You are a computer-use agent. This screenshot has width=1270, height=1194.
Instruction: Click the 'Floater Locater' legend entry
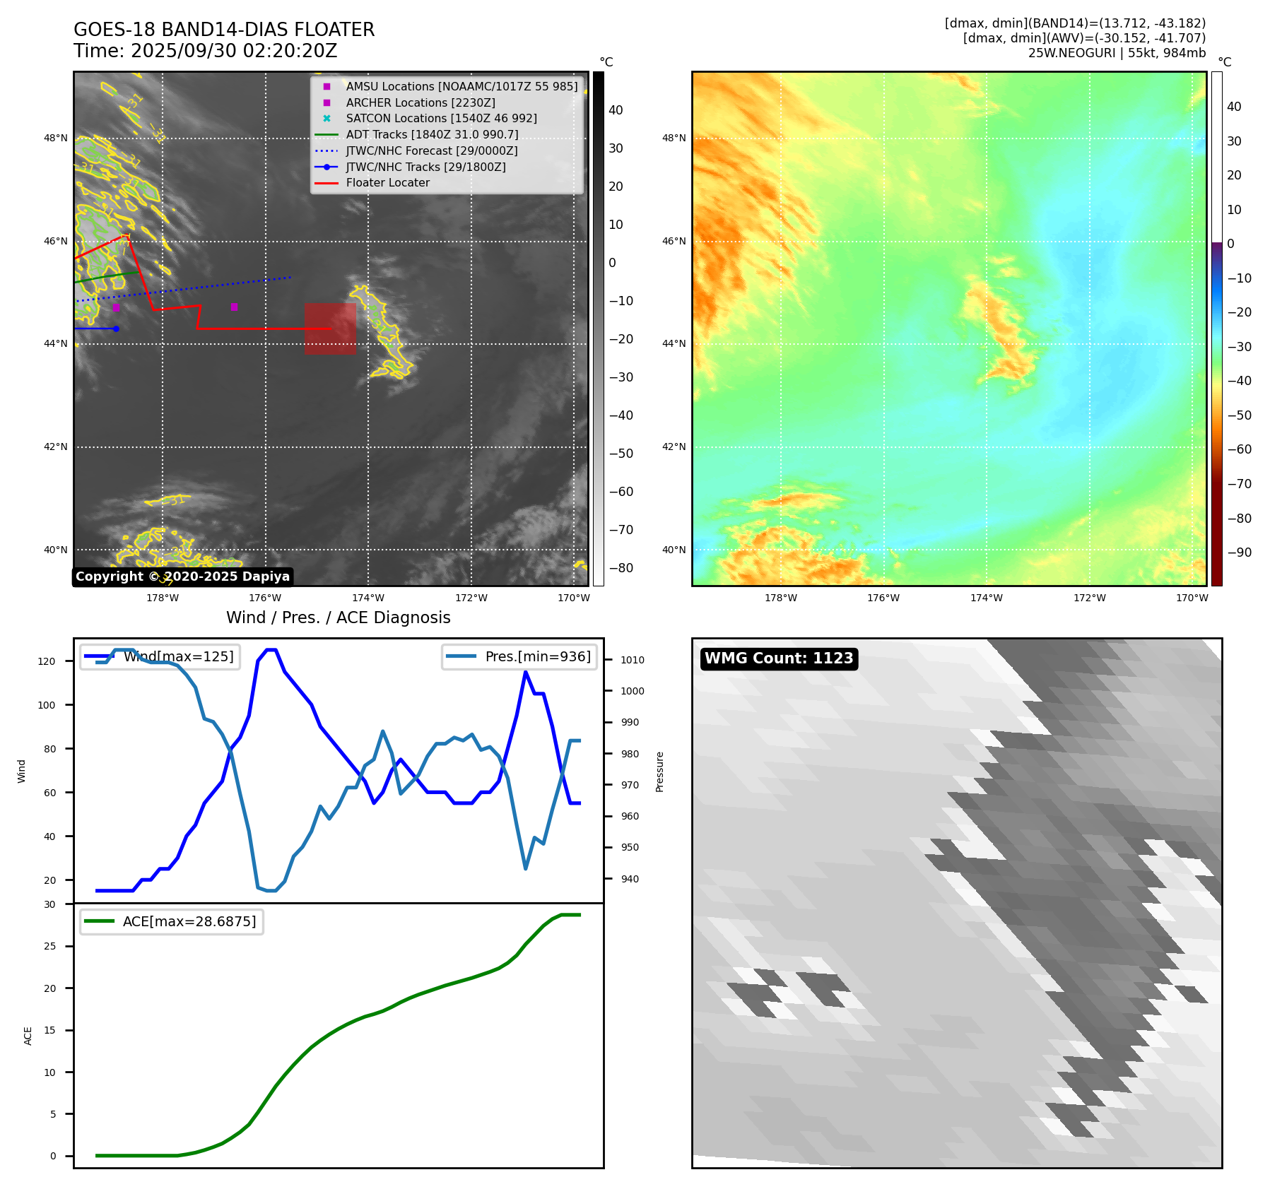(x=387, y=183)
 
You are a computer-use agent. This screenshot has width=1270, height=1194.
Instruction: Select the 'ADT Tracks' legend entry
(x=432, y=135)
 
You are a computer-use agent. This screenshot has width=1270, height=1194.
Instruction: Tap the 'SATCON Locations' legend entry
(x=441, y=119)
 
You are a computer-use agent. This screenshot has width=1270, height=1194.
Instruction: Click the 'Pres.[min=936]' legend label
(x=538, y=656)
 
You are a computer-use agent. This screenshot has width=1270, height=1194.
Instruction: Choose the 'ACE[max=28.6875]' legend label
(x=189, y=921)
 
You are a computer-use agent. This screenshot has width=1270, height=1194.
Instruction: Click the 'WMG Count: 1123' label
(x=779, y=658)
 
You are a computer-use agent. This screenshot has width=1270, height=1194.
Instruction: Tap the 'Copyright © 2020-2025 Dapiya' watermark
(x=182, y=577)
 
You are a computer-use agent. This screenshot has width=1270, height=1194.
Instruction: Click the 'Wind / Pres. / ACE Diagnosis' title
(x=338, y=617)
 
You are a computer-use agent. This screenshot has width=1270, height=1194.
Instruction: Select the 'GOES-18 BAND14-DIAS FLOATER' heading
(x=224, y=30)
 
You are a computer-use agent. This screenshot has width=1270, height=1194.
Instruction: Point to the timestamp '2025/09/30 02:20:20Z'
(x=234, y=52)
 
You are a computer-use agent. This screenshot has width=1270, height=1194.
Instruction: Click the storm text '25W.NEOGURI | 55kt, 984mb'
(x=1117, y=53)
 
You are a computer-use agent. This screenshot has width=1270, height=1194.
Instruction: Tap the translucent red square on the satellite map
(x=330, y=329)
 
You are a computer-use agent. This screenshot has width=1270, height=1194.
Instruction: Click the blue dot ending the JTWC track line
(x=116, y=329)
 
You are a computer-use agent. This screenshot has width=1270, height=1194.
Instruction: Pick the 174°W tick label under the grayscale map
(x=368, y=598)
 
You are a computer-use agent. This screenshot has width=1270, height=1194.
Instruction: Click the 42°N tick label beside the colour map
(x=674, y=447)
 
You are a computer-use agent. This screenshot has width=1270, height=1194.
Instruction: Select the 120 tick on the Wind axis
(x=47, y=662)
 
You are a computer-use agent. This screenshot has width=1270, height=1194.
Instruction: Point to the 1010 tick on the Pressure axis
(x=633, y=660)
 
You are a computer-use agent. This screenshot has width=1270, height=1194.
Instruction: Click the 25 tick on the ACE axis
(x=50, y=946)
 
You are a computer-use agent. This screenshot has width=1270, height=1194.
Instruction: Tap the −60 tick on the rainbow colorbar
(x=1239, y=449)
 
